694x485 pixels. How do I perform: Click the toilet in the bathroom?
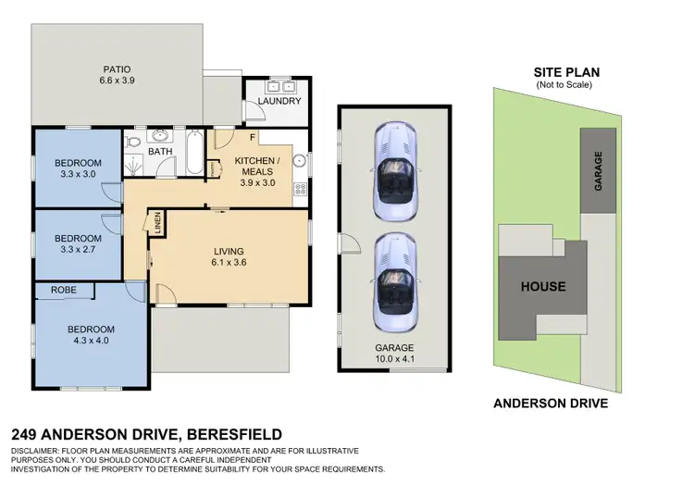pyautogui.click(x=133, y=143)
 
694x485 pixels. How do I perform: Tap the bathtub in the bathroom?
pyautogui.click(x=194, y=155)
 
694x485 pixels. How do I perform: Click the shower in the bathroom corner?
pyautogui.click(x=134, y=165)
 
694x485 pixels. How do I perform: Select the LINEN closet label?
pyautogui.click(x=158, y=223)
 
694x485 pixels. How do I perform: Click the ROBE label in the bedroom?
pyautogui.click(x=65, y=291)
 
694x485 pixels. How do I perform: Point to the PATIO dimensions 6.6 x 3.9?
pyautogui.click(x=117, y=81)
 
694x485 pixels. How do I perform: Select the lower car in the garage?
pyautogui.click(x=394, y=281)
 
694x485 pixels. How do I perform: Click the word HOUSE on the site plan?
pyautogui.click(x=542, y=286)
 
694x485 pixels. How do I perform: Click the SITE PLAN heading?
pyautogui.click(x=565, y=71)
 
